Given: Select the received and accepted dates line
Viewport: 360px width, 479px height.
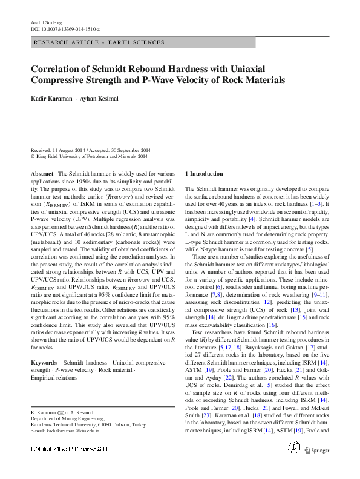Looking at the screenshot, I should point(91,150).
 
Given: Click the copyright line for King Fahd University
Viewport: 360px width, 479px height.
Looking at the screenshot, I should point(89,156).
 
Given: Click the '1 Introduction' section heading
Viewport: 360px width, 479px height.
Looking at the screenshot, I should point(203,173).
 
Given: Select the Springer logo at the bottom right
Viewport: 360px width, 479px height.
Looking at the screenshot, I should point(317,467).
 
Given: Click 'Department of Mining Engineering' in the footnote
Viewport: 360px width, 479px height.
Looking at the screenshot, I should point(67,418).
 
